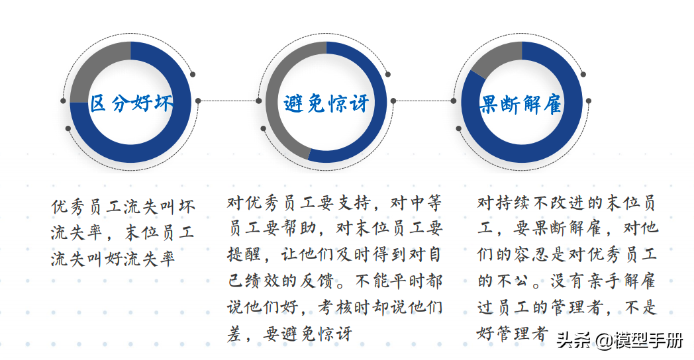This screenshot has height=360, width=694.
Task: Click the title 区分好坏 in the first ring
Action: (131, 103)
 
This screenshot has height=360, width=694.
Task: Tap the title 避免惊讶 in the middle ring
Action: (326, 103)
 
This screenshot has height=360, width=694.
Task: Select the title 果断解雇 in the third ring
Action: (521, 105)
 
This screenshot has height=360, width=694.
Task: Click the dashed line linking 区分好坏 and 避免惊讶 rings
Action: (228, 101)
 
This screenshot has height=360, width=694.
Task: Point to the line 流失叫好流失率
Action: (113, 259)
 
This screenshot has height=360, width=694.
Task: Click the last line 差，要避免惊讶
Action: (290, 333)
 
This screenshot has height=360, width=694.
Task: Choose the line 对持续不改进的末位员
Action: (566, 202)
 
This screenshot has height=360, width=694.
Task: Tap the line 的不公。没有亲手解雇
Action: (566, 281)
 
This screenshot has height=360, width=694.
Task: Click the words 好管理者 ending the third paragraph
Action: (513, 333)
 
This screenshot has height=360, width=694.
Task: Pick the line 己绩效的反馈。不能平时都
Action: (335, 281)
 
